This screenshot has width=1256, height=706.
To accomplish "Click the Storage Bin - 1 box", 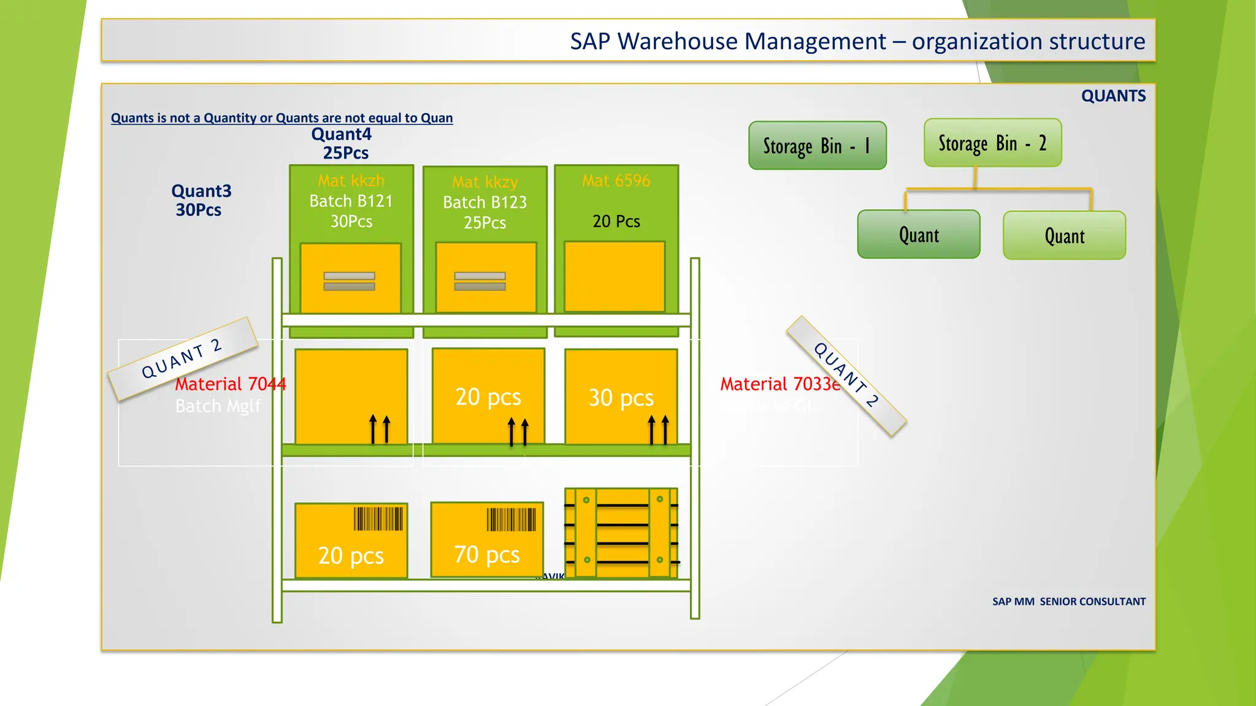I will [817, 145].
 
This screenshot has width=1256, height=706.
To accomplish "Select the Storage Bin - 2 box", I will [992, 143].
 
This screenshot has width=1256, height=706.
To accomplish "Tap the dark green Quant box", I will [919, 235].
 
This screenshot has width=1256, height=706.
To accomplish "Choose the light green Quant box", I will [1064, 236].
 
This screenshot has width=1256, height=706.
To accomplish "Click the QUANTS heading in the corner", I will [1113, 96].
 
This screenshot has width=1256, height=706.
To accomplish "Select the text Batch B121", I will [351, 201].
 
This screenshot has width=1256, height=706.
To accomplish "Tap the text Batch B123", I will [484, 202].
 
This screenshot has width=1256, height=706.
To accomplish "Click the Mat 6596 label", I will [616, 181].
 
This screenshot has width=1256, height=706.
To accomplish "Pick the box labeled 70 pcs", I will [487, 540].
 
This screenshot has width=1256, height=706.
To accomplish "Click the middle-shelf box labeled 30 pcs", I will [621, 397].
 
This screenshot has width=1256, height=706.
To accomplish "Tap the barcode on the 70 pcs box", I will [511, 520].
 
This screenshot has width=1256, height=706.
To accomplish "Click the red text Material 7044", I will [231, 384].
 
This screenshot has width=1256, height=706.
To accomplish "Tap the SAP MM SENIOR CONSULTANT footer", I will [1068, 602].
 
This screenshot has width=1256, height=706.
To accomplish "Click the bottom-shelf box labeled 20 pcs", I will [351, 541].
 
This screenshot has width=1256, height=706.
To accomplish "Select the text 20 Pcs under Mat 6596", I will [616, 221].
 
